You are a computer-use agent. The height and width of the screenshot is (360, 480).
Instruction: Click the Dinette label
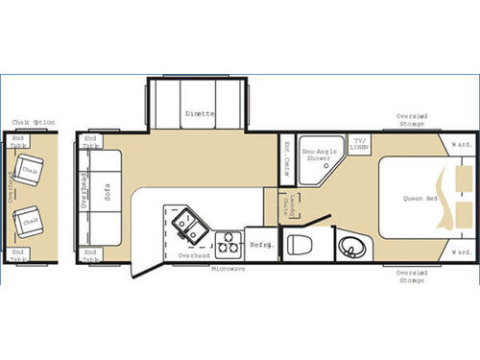[x=199, y=114]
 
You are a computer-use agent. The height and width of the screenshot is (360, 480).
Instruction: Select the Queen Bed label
[x=419, y=199]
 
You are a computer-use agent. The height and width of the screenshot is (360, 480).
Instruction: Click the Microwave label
[x=228, y=270]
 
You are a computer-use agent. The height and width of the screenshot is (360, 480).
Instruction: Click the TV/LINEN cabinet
[x=360, y=144]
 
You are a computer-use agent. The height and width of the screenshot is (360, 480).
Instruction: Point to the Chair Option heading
[x=32, y=122]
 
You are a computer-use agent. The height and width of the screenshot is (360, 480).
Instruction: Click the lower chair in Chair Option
[x=32, y=223]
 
